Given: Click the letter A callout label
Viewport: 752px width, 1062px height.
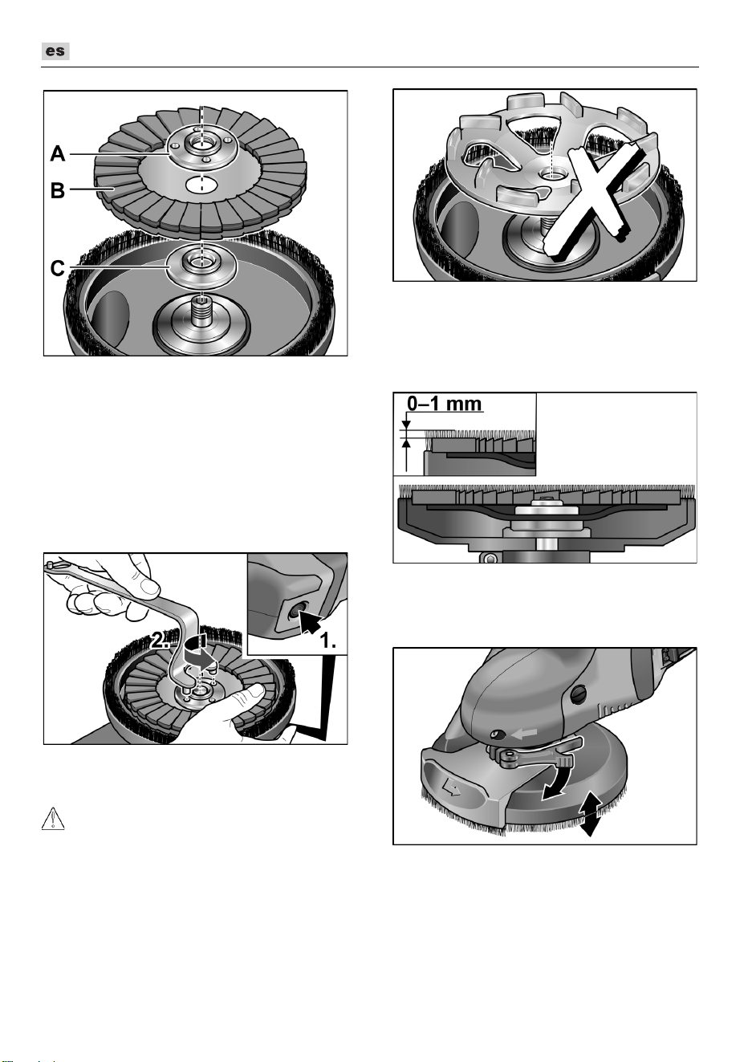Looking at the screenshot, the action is click(58, 154).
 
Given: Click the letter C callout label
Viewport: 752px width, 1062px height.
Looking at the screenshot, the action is click(57, 268).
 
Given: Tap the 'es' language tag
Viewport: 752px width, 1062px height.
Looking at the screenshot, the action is click(55, 51).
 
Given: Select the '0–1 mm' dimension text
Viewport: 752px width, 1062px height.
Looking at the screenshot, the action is click(445, 404).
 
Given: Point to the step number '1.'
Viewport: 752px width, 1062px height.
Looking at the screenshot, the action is click(327, 641).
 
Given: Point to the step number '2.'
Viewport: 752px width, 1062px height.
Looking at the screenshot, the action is click(160, 641).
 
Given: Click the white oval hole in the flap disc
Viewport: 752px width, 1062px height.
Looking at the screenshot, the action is click(201, 185).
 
